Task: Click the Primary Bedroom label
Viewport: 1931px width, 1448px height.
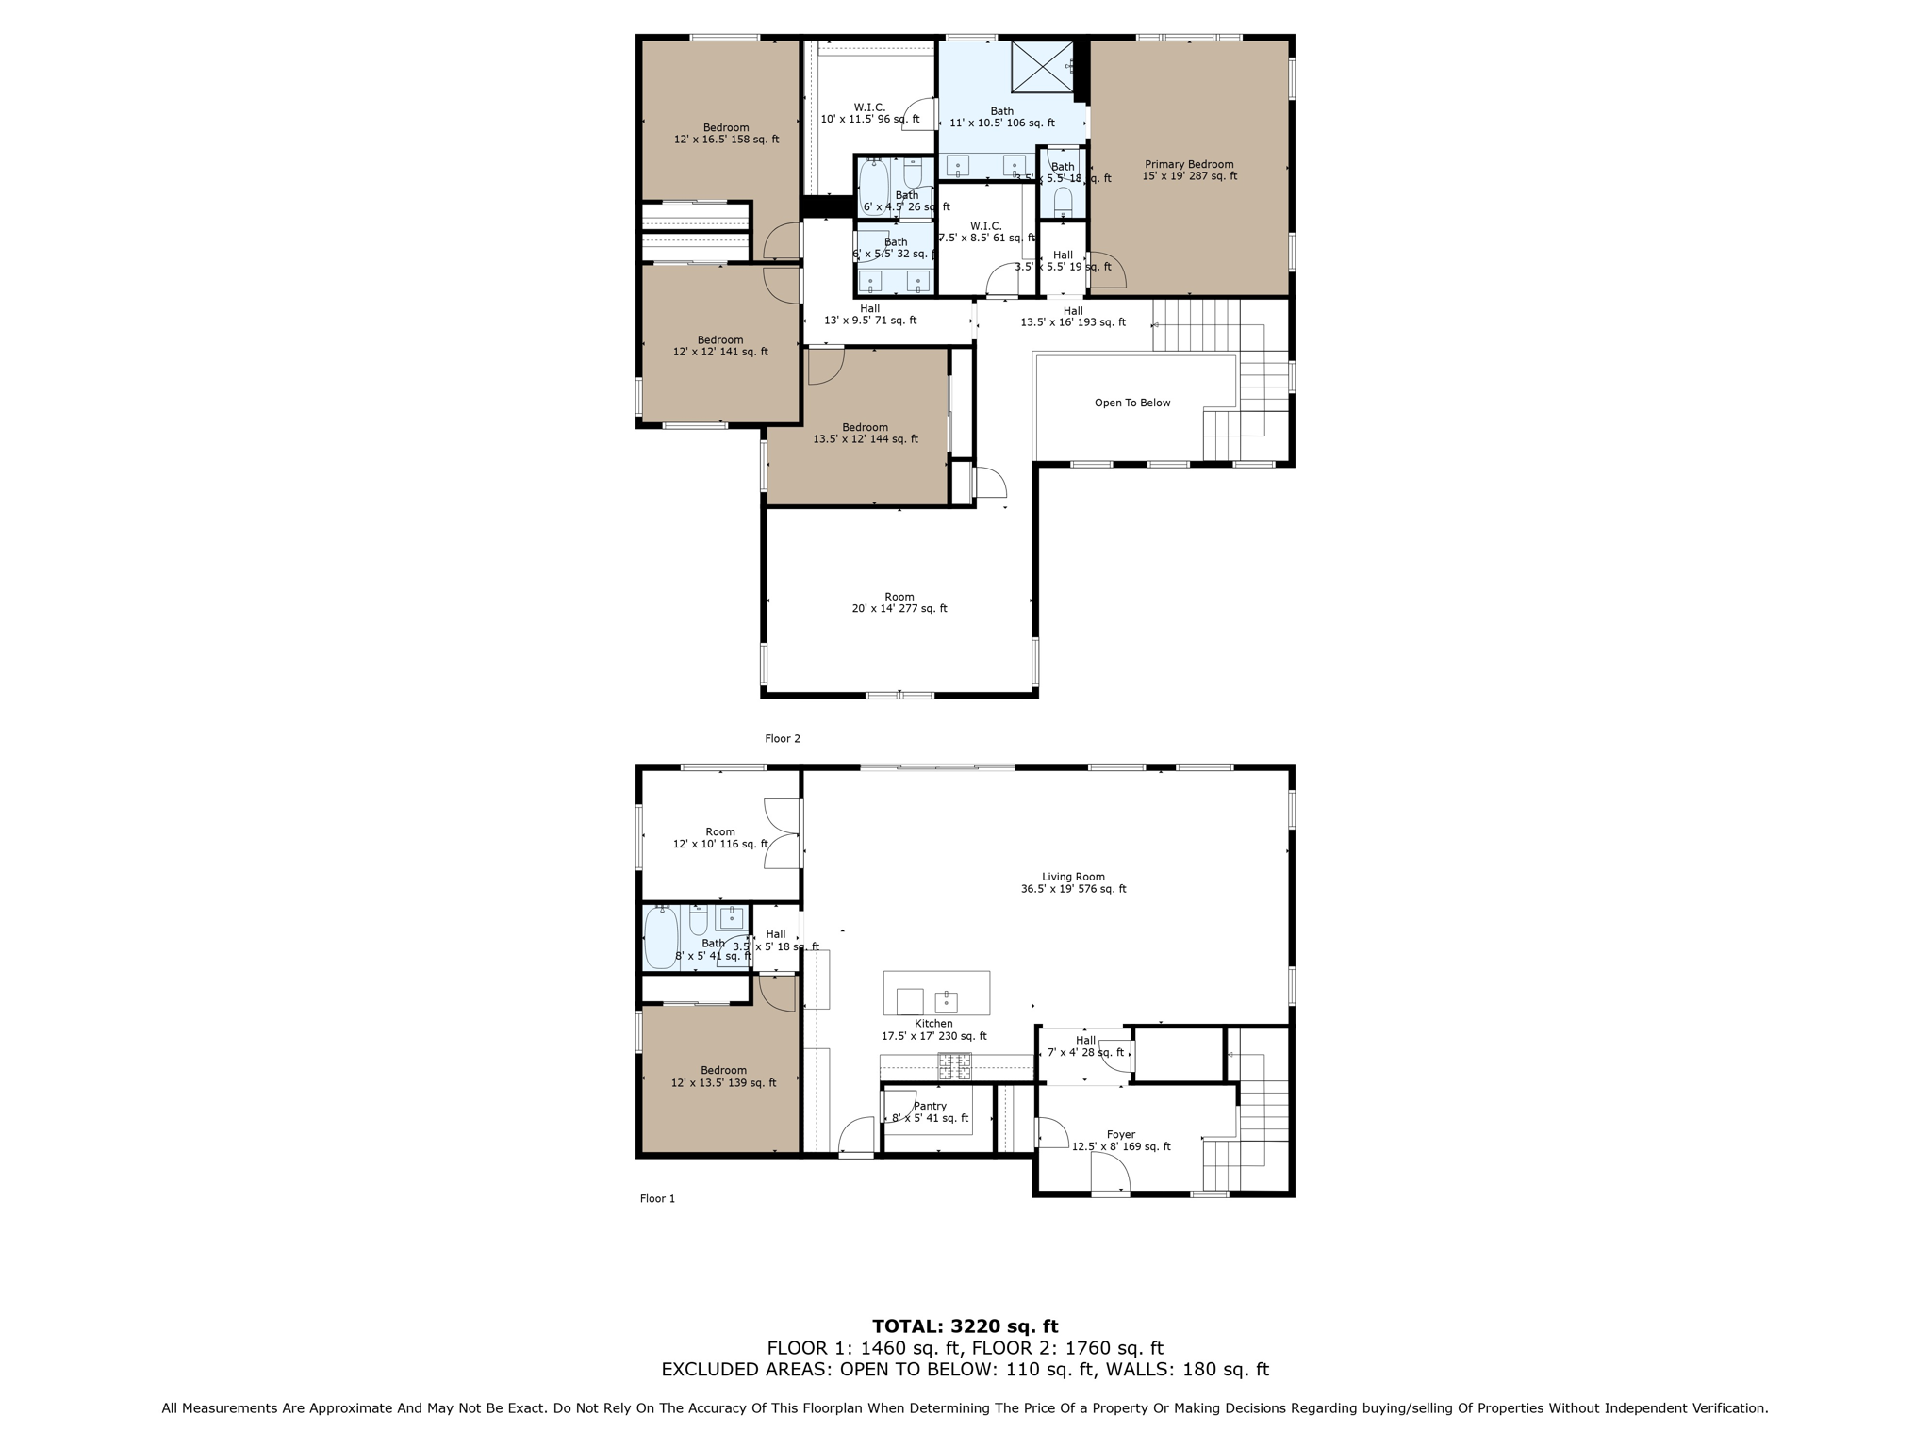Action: (1189, 170)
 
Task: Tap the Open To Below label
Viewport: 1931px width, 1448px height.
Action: (1131, 403)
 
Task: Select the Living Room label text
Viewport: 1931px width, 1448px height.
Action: (1073, 882)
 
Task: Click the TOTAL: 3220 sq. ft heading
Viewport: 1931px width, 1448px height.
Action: (965, 1326)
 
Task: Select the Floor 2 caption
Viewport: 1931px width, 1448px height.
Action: (782, 738)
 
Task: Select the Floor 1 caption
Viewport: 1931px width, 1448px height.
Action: (657, 1198)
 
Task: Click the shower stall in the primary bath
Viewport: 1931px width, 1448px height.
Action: (1042, 66)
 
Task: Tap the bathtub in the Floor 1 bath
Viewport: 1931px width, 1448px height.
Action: (660, 939)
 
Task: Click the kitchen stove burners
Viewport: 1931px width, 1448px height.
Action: (954, 1067)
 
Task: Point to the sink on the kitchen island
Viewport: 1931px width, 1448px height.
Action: (946, 1002)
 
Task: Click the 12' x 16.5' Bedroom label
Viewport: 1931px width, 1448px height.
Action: (726, 133)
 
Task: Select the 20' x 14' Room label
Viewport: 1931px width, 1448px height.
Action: (899, 602)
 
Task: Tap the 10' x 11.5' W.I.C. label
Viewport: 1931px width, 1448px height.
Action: (869, 113)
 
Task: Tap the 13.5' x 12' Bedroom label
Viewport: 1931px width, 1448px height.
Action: (865, 433)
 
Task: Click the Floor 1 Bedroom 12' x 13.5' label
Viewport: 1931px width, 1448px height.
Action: (723, 1077)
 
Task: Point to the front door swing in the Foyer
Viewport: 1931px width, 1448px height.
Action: (1111, 1174)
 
